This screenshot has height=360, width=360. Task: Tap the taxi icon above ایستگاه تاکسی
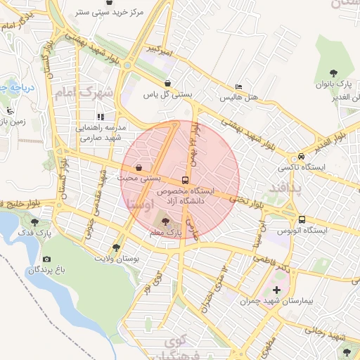click(x=302, y=156)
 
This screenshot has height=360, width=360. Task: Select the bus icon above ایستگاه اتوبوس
click(x=302, y=219)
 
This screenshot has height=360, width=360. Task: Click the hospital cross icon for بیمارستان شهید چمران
click(x=276, y=290)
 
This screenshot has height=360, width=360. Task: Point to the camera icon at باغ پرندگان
click(x=47, y=259)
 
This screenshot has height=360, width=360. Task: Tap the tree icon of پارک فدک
click(x=35, y=222)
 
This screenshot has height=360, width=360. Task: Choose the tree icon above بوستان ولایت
click(x=116, y=247)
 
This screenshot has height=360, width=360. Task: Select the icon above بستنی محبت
click(x=139, y=169)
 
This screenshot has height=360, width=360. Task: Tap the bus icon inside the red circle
click(x=186, y=180)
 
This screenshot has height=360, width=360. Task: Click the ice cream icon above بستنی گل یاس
click(x=168, y=82)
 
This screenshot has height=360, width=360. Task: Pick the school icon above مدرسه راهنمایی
click(x=101, y=117)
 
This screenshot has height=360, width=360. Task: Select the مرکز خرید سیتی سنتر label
click(x=103, y=13)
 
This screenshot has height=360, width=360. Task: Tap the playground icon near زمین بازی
click(x=11, y=111)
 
